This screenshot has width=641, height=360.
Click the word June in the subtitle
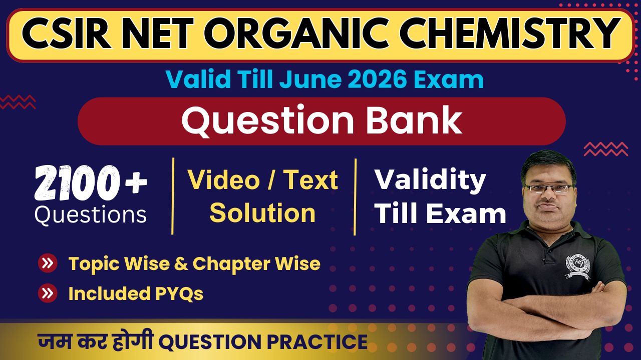(x=310, y=79)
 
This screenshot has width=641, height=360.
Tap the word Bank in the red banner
(x=415, y=120)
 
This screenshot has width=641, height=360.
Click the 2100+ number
(x=91, y=183)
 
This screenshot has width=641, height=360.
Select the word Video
(x=224, y=179)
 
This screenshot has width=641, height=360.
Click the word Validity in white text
(x=430, y=180)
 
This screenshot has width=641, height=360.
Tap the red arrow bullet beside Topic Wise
(x=48, y=263)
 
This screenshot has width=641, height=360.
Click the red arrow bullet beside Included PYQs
(x=48, y=293)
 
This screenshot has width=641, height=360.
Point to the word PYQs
(x=179, y=293)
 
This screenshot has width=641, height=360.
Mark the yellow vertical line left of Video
(x=173, y=196)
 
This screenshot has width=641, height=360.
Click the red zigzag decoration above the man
(x=606, y=149)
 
